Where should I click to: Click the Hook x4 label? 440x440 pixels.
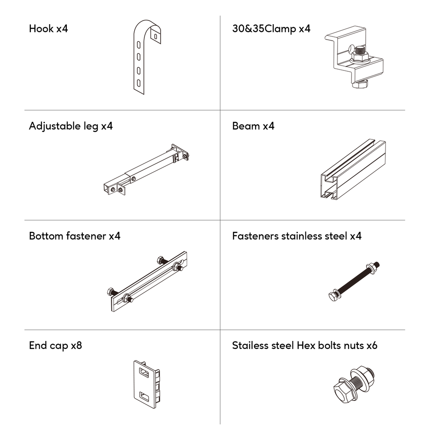[48, 29]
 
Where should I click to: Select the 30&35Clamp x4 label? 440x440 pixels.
[271, 29]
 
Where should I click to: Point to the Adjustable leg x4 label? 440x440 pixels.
[71, 126]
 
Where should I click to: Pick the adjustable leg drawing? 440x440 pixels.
[145, 169]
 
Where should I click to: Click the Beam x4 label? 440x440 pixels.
[253, 126]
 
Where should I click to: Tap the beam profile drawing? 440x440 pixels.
[353, 170]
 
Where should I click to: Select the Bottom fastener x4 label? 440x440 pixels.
[74, 236]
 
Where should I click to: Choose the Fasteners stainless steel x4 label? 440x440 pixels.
[297, 236]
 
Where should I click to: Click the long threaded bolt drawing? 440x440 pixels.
[354, 281]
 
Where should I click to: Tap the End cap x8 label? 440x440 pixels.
[55, 346]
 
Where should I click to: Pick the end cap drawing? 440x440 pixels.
[147, 384]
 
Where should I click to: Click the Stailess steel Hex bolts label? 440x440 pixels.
[304, 346]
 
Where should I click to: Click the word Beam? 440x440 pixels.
[246, 126]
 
